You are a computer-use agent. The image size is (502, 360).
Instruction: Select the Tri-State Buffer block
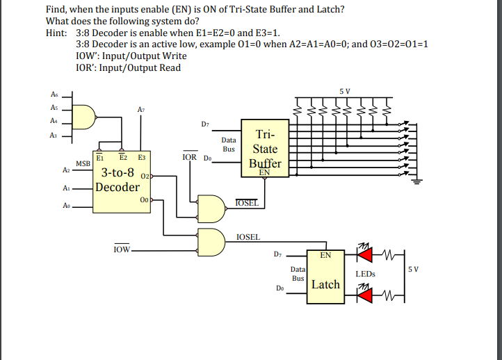coord(265,149)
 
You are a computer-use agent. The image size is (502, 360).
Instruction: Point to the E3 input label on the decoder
coord(142,158)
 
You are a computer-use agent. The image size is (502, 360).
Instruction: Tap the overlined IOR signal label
coord(188,158)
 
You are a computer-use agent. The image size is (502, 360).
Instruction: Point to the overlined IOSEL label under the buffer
coord(247,203)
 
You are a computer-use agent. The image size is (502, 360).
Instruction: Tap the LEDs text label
coord(365,274)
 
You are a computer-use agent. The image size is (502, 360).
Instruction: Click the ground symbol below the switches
coord(417,183)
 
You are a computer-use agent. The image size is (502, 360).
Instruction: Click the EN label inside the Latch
coord(325,255)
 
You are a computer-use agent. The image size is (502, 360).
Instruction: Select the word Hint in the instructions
coord(56,33)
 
